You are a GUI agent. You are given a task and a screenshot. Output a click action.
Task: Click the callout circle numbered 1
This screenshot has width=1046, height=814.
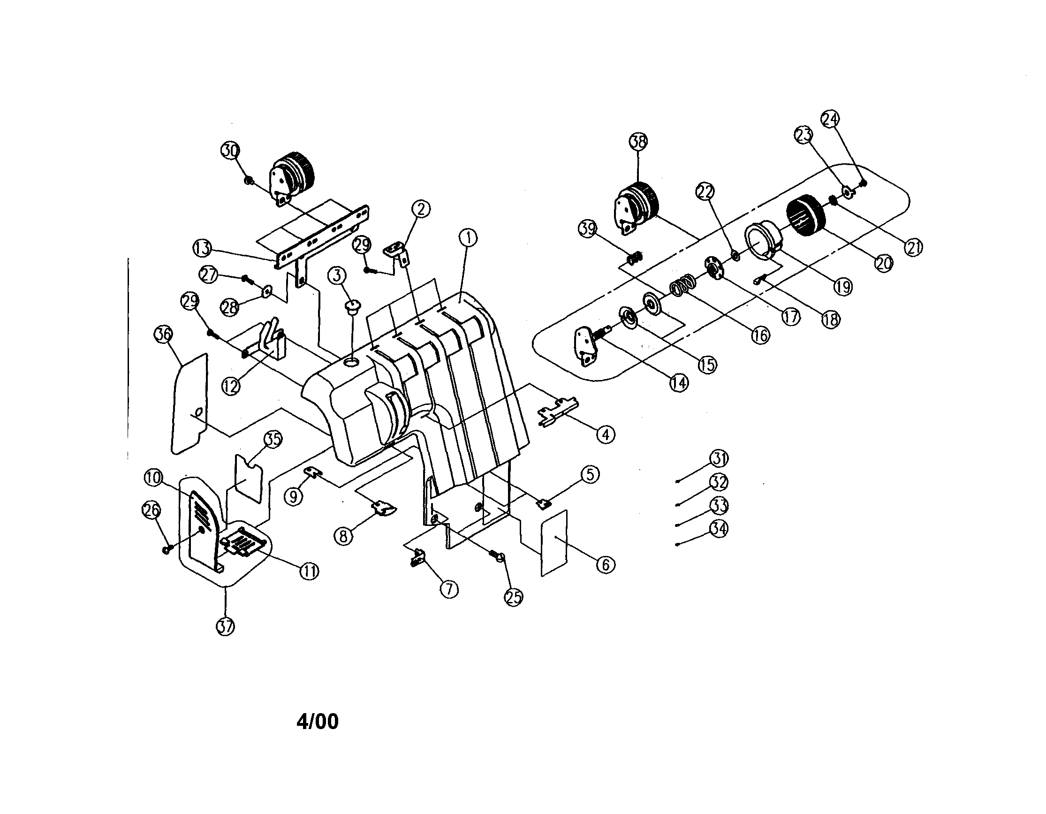pyautogui.click(x=468, y=237)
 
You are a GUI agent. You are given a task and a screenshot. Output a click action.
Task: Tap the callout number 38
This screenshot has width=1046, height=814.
pyautogui.click(x=638, y=141)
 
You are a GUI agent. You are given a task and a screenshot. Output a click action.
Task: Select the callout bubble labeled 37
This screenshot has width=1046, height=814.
pyautogui.click(x=226, y=626)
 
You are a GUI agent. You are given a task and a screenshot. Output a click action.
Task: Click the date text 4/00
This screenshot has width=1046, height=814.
pyautogui.click(x=317, y=722)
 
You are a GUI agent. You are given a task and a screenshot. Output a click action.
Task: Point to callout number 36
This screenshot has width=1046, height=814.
pyautogui.click(x=163, y=334)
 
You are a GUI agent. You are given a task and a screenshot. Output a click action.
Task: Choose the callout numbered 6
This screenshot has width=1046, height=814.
pyautogui.click(x=606, y=565)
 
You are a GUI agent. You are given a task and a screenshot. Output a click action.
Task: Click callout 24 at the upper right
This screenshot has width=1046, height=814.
pyautogui.click(x=831, y=119)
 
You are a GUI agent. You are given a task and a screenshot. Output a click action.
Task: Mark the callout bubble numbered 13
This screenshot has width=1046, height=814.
pyautogui.click(x=202, y=248)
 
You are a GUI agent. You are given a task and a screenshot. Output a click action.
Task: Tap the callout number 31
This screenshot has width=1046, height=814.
pyautogui.click(x=719, y=458)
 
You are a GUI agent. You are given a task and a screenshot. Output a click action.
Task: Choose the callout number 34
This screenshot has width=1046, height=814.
pyautogui.click(x=719, y=529)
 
